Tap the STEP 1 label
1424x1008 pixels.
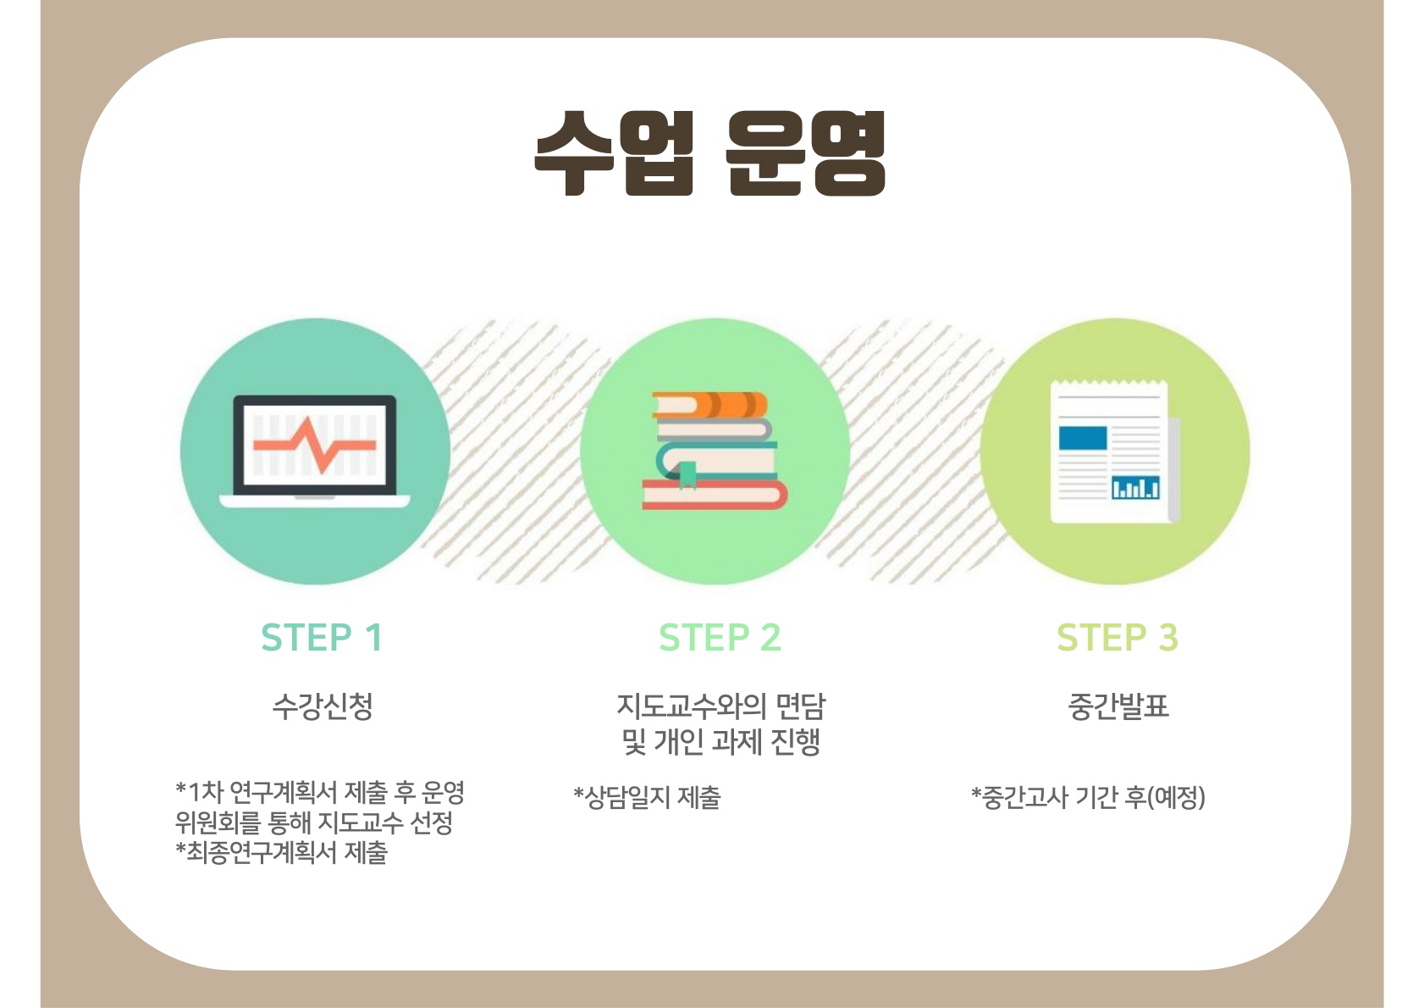[x=322, y=637]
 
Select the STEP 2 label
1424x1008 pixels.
[x=720, y=637]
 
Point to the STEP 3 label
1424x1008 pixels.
[x=1117, y=637]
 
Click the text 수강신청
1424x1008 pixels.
[x=323, y=706]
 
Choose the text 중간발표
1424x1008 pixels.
[x=1118, y=706]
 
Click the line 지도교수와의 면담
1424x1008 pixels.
[x=720, y=706]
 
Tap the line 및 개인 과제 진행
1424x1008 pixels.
[x=720, y=741]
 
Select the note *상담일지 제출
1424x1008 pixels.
[x=647, y=797]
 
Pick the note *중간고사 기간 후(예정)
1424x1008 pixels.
[x=1088, y=797]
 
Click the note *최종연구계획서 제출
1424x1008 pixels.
[x=281, y=852]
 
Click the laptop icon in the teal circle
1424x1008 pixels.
[x=315, y=451]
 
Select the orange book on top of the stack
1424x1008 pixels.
[x=709, y=405]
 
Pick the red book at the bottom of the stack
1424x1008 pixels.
[x=715, y=494]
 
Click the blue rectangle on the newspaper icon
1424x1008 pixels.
[x=1083, y=438]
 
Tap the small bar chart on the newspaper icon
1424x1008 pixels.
[x=1135, y=487]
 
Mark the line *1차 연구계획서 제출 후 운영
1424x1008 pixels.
[x=320, y=792]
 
